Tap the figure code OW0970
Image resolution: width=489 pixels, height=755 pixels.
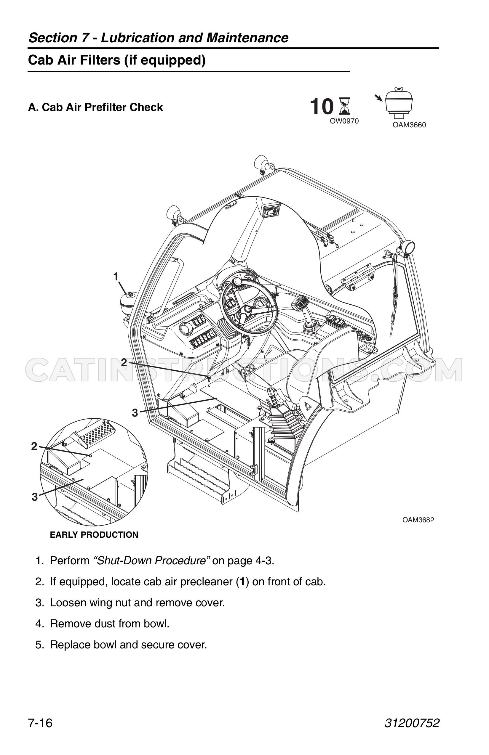click(344, 121)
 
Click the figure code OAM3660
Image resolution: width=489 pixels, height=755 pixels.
click(409, 125)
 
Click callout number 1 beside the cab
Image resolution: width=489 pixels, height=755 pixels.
click(116, 277)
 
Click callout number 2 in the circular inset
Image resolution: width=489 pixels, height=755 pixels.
click(34, 447)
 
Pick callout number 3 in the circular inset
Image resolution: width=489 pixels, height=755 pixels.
click(35, 497)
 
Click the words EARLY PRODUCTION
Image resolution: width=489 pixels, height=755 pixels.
click(94, 535)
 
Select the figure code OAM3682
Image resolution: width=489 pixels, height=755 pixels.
click(418, 520)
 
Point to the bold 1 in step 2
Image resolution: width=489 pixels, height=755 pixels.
click(242, 582)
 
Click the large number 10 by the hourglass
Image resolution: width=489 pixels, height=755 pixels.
click(322, 107)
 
